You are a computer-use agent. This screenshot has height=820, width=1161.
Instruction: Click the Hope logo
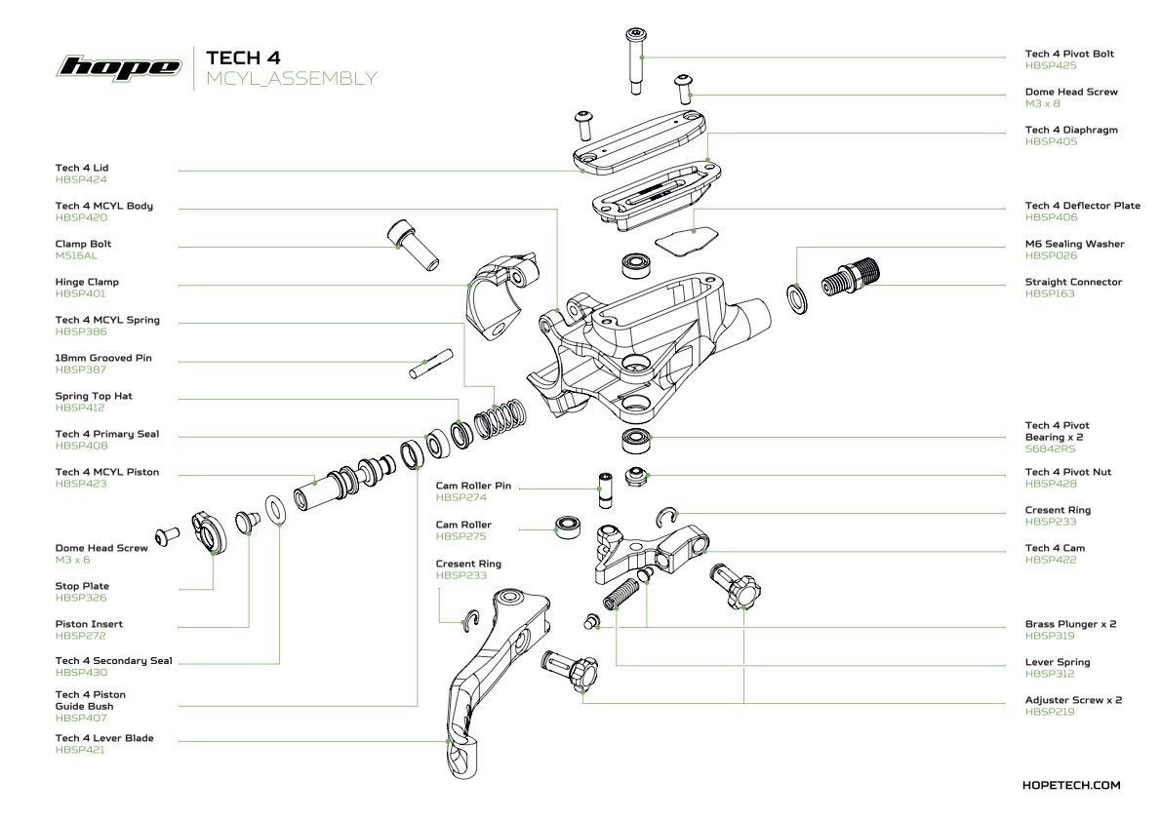tap(120, 66)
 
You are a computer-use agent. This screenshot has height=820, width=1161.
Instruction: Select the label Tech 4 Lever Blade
tap(104, 738)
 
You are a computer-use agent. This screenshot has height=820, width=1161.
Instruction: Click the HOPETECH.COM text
tap(1071, 785)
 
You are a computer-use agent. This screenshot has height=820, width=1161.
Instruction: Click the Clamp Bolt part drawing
tap(413, 245)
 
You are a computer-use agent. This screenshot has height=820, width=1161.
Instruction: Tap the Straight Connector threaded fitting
tap(851, 278)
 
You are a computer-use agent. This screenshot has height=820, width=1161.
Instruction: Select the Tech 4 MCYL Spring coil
tap(499, 421)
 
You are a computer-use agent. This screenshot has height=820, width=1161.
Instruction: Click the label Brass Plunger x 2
tap(1070, 624)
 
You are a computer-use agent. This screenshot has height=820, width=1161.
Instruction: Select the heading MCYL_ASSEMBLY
tap(291, 79)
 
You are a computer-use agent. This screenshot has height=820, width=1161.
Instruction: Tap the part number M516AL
tap(77, 255)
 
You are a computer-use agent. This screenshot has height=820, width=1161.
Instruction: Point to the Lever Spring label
tap(1057, 662)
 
